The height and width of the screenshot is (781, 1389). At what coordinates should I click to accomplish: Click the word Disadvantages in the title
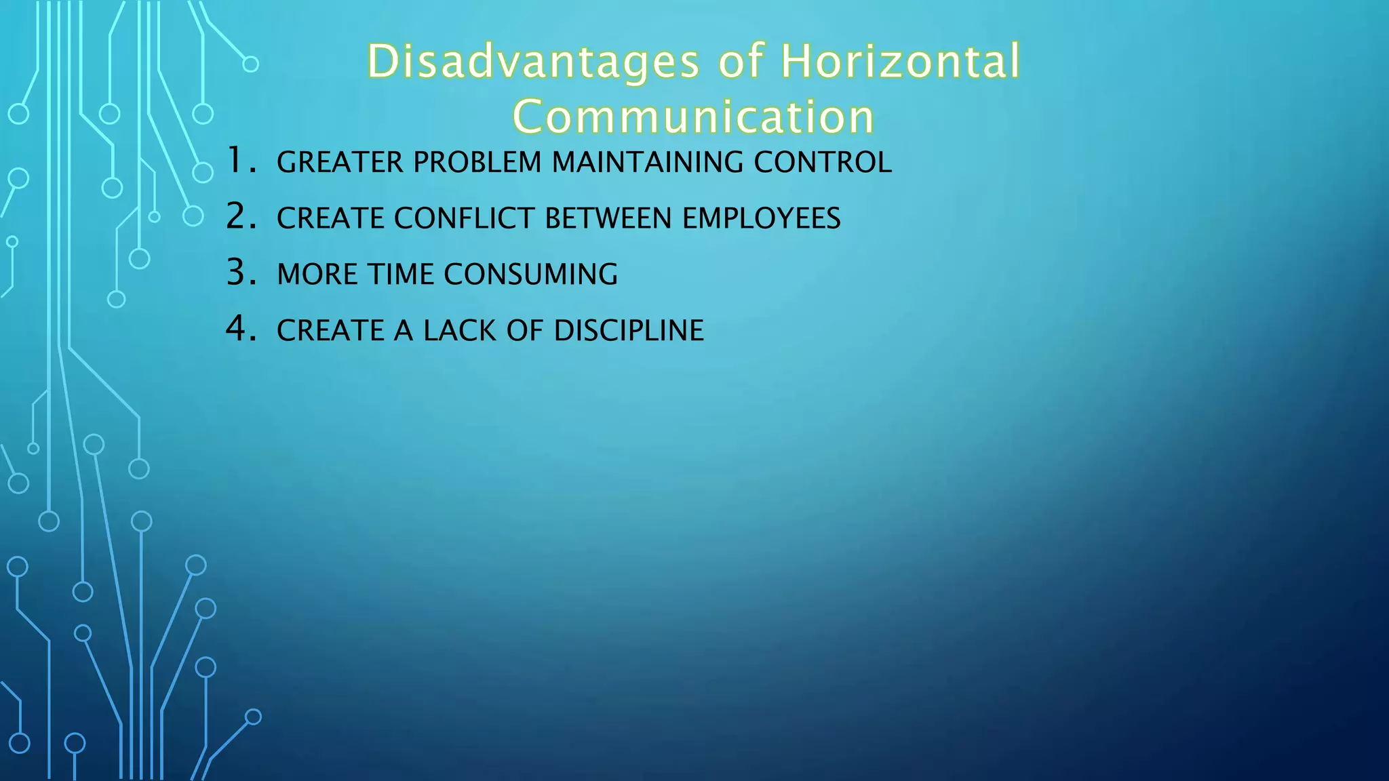click(533, 62)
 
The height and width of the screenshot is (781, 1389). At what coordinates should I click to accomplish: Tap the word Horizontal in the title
click(900, 62)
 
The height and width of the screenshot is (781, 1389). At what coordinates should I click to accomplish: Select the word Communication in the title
click(693, 117)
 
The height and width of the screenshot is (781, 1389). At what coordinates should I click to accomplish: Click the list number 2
click(240, 217)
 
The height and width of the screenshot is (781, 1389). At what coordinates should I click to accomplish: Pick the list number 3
click(240, 273)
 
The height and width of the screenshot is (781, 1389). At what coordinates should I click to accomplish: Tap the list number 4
click(240, 329)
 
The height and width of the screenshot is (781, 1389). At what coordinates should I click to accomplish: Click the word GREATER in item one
click(340, 163)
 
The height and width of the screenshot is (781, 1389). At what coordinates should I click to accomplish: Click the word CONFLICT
click(464, 219)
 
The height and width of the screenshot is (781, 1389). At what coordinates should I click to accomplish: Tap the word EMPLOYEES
click(761, 219)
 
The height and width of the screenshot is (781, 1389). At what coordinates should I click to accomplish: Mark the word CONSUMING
click(530, 275)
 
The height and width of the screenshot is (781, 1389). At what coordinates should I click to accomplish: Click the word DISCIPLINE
click(629, 331)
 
